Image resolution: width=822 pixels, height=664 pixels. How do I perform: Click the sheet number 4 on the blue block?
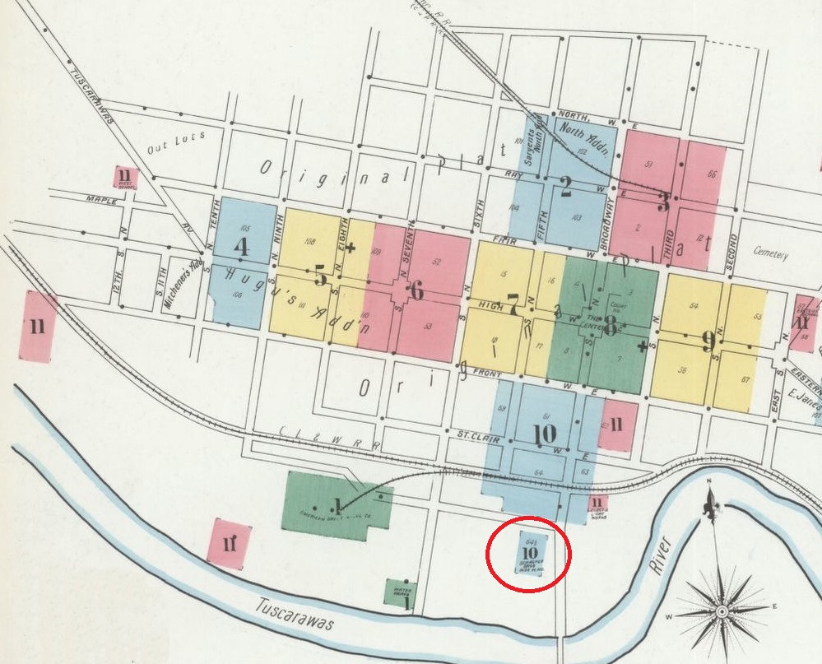(242, 247)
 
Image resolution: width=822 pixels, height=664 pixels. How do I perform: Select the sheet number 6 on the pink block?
(416, 290)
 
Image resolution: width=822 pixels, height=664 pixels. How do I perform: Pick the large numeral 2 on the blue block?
(565, 188)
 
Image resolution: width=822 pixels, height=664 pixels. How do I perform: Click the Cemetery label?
(771, 254)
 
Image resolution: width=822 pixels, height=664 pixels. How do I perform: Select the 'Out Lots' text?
(174, 145)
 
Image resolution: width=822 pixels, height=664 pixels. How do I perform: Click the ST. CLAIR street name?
(462, 433)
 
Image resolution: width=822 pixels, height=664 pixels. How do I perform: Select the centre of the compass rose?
(722, 611)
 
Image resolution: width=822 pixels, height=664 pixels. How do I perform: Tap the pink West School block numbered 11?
(126, 176)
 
